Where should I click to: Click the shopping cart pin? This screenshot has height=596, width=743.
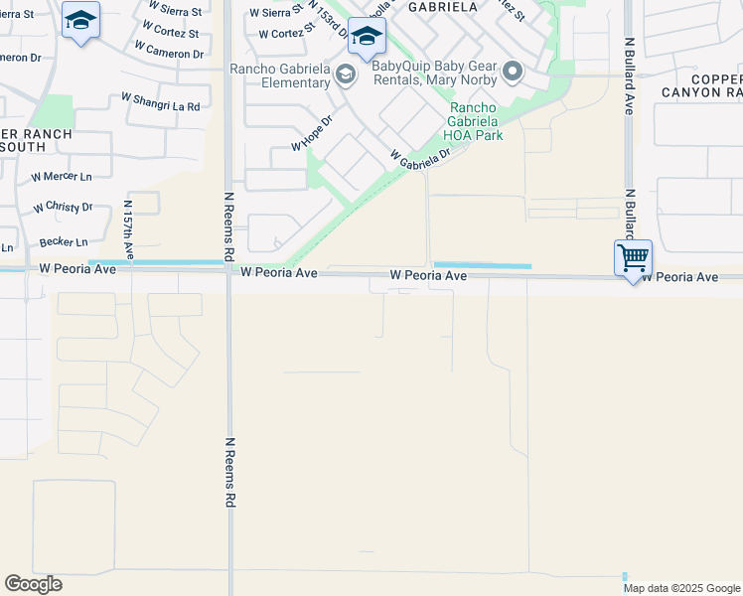(x=633, y=259)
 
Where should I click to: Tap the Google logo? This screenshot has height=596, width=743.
(x=33, y=584)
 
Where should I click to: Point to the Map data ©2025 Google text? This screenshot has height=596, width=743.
(x=682, y=588)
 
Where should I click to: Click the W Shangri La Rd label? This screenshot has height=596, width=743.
(x=160, y=102)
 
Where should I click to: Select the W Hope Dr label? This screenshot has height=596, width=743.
(x=310, y=133)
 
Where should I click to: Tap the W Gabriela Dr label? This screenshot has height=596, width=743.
(x=420, y=157)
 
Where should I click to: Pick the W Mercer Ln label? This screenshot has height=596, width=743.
(x=62, y=176)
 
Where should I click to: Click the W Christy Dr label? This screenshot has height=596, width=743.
(x=62, y=208)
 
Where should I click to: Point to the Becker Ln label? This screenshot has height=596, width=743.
(x=64, y=241)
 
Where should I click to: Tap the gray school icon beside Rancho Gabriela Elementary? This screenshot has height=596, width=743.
(x=345, y=74)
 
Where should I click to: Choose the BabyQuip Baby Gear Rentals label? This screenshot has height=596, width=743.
(x=435, y=67)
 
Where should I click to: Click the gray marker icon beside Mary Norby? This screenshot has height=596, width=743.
(x=513, y=71)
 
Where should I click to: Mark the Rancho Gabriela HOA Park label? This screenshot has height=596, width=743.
(x=476, y=122)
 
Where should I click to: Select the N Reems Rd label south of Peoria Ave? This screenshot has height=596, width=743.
(x=229, y=473)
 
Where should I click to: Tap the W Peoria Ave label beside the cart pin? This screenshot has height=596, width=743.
(x=679, y=277)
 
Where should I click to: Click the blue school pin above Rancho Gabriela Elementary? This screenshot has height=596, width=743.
(x=367, y=39)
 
